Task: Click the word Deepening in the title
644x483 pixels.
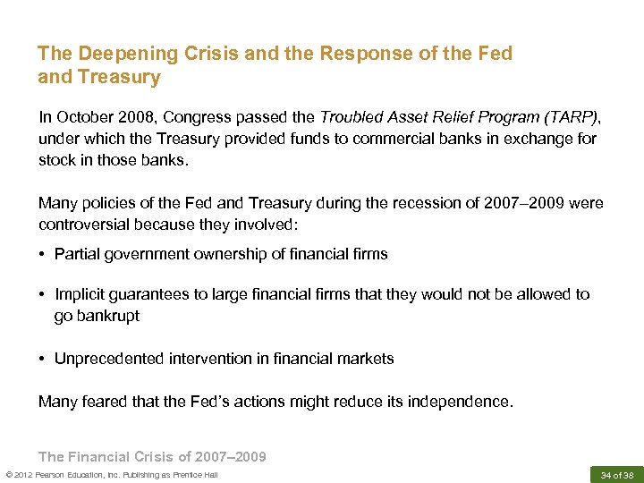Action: tap(117, 55)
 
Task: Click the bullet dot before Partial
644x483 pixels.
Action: tap(43, 255)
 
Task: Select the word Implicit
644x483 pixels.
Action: tap(82, 295)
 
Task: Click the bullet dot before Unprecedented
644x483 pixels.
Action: tap(43, 360)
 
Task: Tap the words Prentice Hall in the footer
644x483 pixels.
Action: tap(194, 475)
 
